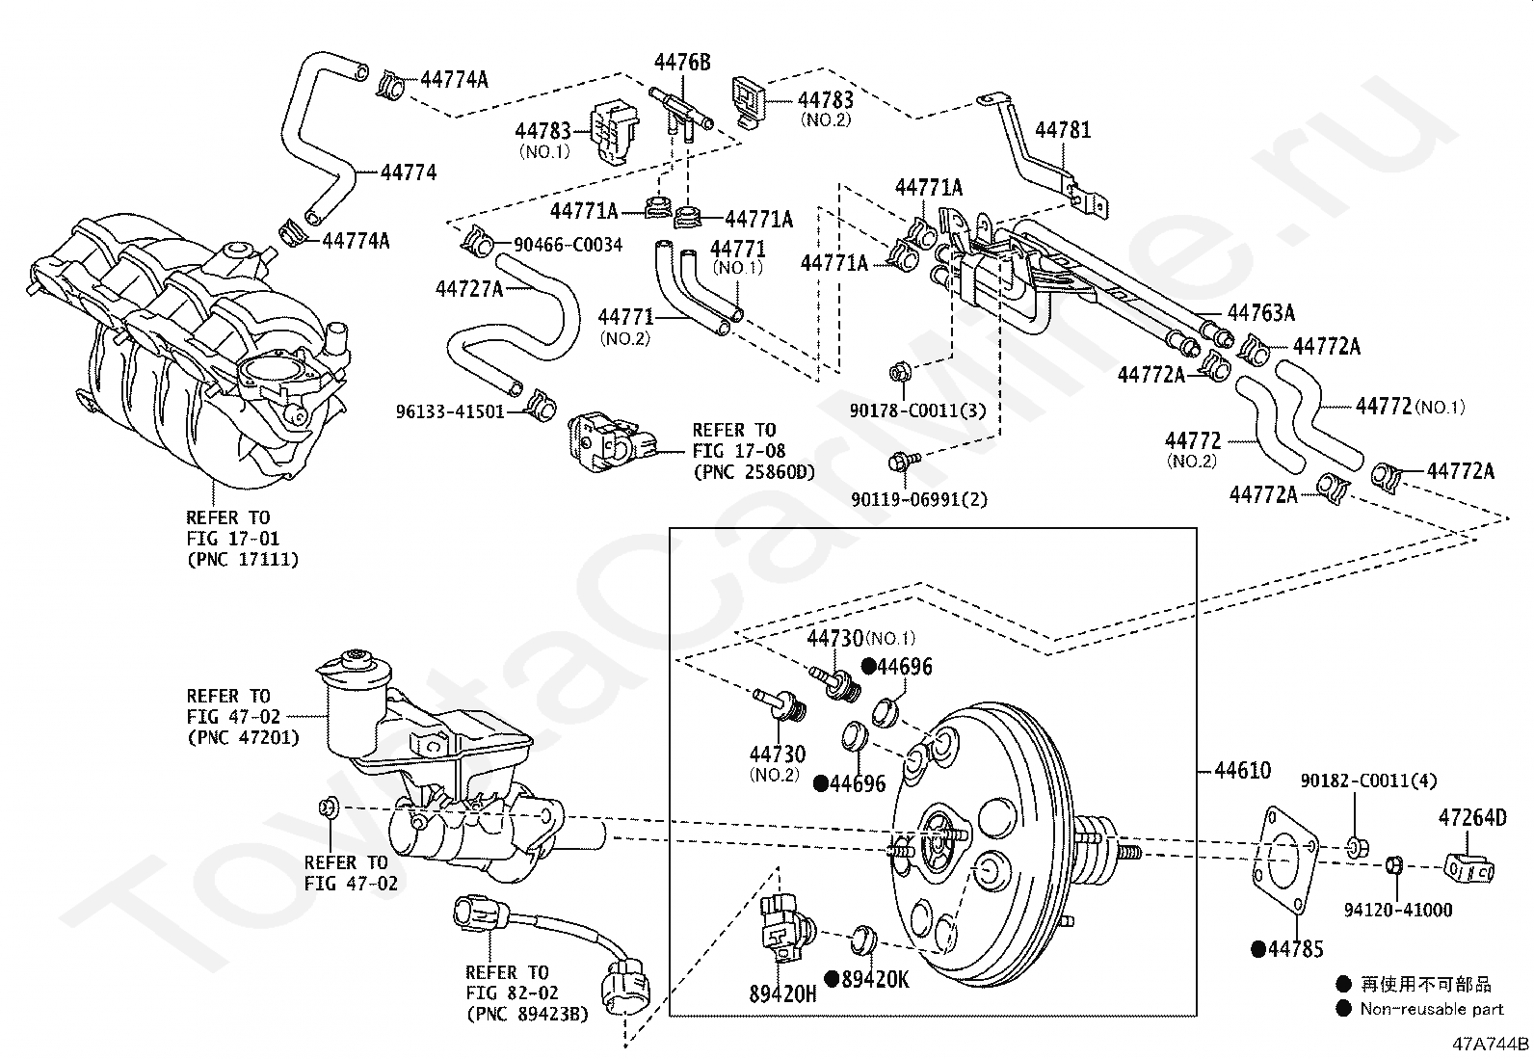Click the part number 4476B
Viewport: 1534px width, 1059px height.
(x=682, y=63)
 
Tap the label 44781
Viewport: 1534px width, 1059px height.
(x=1063, y=129)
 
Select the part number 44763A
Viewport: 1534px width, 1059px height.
(x=1260, y=313)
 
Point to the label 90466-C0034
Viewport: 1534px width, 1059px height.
(x=568, y=245)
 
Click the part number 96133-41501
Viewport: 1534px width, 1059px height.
(x=451, y=411)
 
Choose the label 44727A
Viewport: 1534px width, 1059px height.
(x=469, y=288)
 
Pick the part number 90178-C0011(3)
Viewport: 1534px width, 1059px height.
(x=918, y=410)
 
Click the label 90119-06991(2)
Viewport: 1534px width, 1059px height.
(x=919, y=499)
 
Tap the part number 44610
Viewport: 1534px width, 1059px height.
(x=1242, y=770)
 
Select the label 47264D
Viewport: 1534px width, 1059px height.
(x=1471, y=818)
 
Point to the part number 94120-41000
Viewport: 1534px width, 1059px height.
(x=1397, y=910)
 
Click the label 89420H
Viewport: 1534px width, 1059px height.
(x=782, y=993)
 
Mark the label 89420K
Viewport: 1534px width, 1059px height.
(x=874, y=979)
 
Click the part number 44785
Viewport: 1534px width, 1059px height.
(x=1295, y=949)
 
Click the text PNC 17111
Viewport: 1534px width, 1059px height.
(x=243, y=559)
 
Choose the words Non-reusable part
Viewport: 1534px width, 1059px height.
(x=1431, y=1009)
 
